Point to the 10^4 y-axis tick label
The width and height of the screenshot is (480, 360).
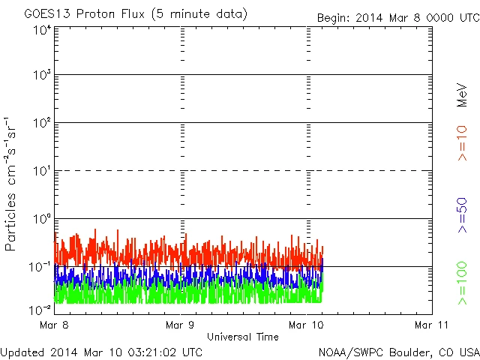[x=42, y=31]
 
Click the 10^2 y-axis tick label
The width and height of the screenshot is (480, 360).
[x=42, y=124]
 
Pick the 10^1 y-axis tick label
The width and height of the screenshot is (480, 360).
[x=42, y=172]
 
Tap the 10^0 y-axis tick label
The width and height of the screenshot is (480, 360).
[x=42, y=220]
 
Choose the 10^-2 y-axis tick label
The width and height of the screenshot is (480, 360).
[x=40, y=308]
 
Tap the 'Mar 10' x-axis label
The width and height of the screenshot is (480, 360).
[x=307, y=325]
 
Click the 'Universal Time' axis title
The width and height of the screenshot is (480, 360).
[x=243, y=337]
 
